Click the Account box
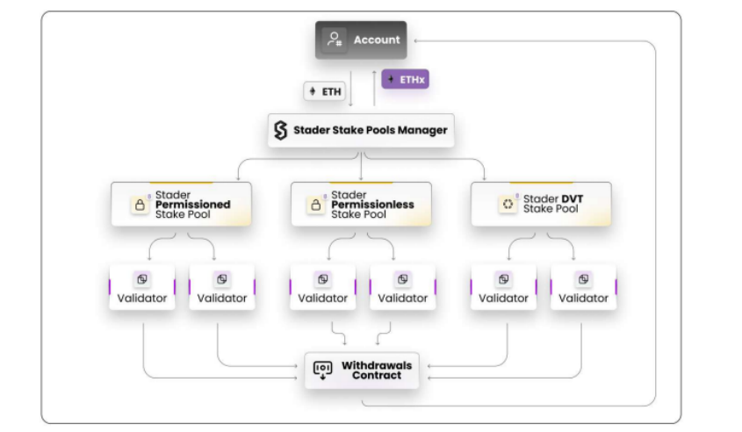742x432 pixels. (361, 40)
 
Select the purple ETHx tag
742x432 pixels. (405, 80)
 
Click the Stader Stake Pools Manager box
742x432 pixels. (361, 131)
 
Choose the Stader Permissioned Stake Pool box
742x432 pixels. (181, 204)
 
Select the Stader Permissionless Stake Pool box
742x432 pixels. (361, 204)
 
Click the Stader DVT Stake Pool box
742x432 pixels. (541, 204)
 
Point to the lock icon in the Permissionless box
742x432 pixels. (315, 205)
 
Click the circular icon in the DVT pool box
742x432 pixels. (507, 205)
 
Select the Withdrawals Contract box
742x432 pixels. (361, 370)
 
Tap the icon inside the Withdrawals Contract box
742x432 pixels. (322, 370)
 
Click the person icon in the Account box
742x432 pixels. (334, 40)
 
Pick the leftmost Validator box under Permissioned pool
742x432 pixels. (142, 287)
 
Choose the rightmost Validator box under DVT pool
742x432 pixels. (583, 287)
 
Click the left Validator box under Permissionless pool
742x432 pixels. (322, 287)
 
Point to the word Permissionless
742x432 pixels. (372, 205)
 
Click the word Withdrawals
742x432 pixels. (376, 364)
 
